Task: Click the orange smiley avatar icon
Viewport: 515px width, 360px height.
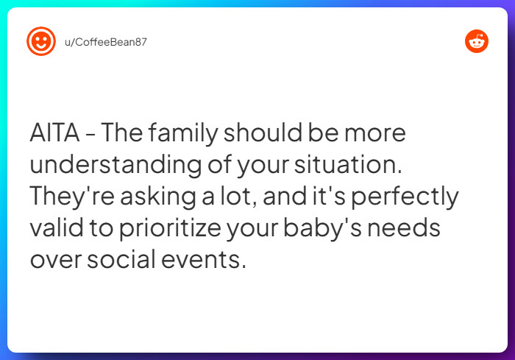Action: coord(41,41)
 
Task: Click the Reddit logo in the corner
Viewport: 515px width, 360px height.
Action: coord(477,42)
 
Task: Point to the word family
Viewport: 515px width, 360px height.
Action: coord(182,134)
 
